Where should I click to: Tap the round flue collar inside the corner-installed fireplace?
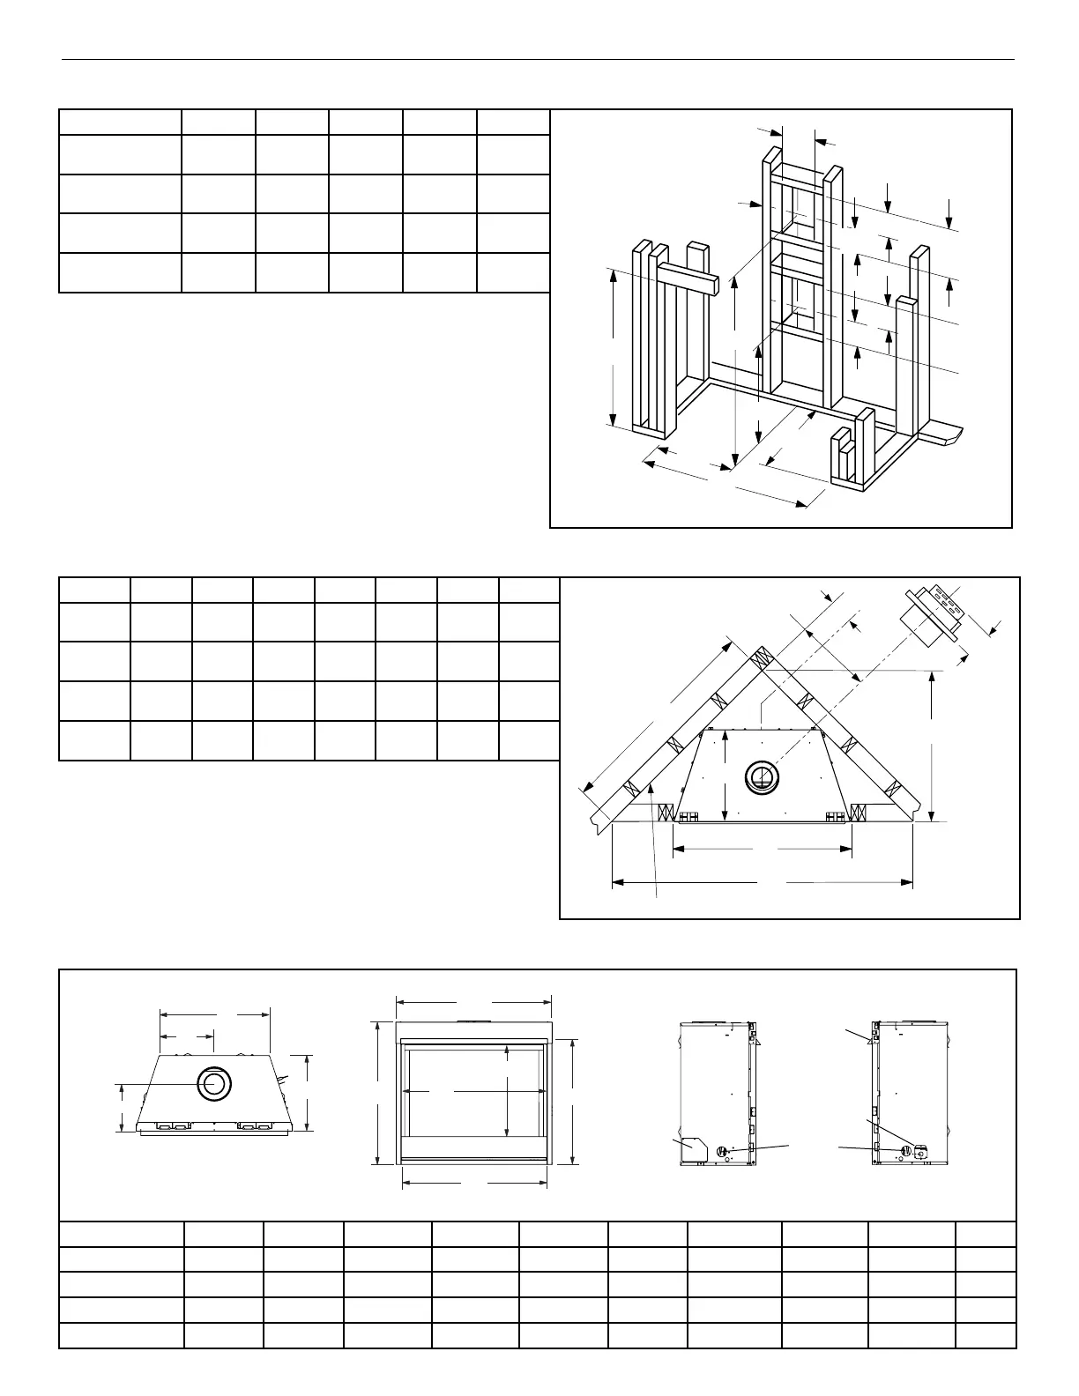coord(763,777)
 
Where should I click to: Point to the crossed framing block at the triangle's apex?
coord(761,660)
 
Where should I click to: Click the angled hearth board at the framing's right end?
coord(941,434)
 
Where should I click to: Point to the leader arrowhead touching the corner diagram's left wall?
coord(651,791)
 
